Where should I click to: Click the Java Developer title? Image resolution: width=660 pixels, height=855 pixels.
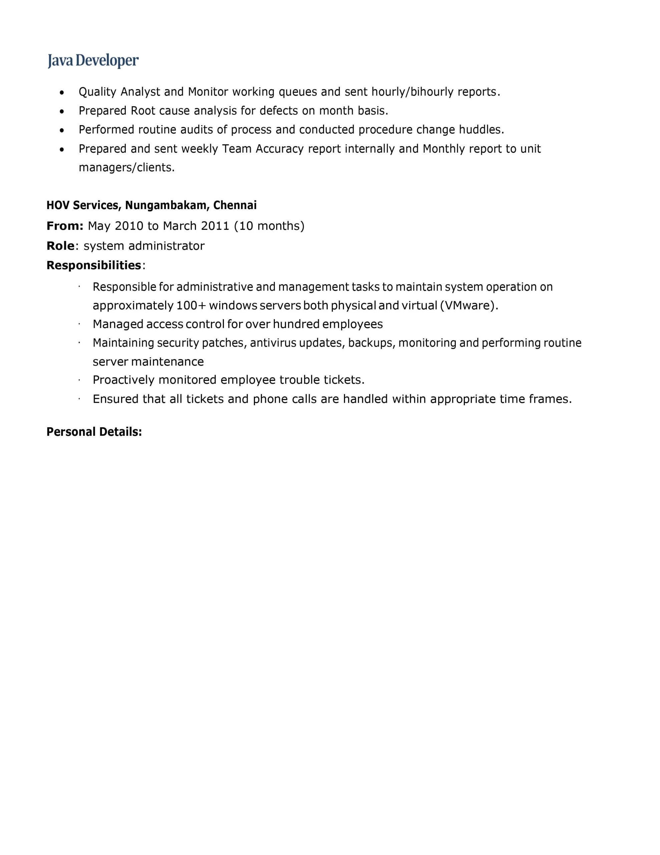[93, 61]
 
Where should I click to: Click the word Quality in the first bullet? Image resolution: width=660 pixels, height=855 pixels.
[97, 92]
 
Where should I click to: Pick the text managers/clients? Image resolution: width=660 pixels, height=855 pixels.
[126, 168]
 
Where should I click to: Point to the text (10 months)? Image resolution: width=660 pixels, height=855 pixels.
[269, 226]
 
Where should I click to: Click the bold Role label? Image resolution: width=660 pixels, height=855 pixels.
[60, 246]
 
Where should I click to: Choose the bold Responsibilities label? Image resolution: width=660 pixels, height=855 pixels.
[93, 266]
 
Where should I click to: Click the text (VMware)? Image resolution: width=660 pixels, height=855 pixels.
[469, 305]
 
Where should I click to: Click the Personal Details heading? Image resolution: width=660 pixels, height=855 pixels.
[94, 432]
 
